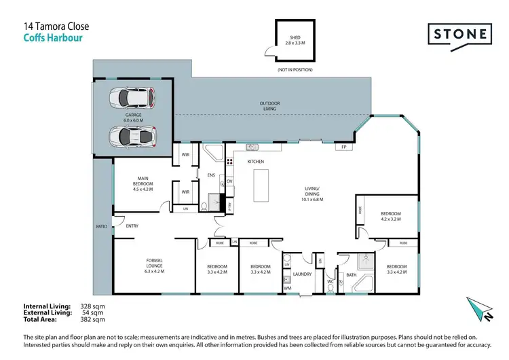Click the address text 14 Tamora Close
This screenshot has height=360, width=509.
coord(56,26)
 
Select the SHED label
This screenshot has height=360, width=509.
coord(295,38)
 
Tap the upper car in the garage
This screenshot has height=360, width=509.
coord(132,98)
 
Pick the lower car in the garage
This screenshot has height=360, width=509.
coord(132,137)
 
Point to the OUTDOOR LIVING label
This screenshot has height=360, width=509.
coord(269,107)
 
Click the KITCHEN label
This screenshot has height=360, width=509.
coord(255,161)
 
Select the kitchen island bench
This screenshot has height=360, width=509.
coord(261,186)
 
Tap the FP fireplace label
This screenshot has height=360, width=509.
coord(344,147)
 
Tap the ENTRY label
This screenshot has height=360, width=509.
coord(132,226)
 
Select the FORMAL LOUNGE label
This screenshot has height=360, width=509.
coord(155,264)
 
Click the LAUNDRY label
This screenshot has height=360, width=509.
coord(301,274)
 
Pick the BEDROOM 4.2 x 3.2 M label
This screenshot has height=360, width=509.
coord(390,216)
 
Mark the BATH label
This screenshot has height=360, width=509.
coord(352,275)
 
